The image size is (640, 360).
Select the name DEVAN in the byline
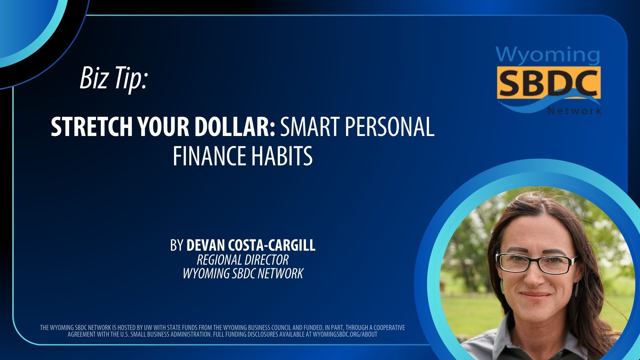[x=205, y=245]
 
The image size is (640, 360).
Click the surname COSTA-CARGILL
[x=272, y=245]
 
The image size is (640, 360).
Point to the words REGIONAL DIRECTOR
[x=243, y=260]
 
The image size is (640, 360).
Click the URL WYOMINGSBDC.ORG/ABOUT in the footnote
[x=345, y=334]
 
